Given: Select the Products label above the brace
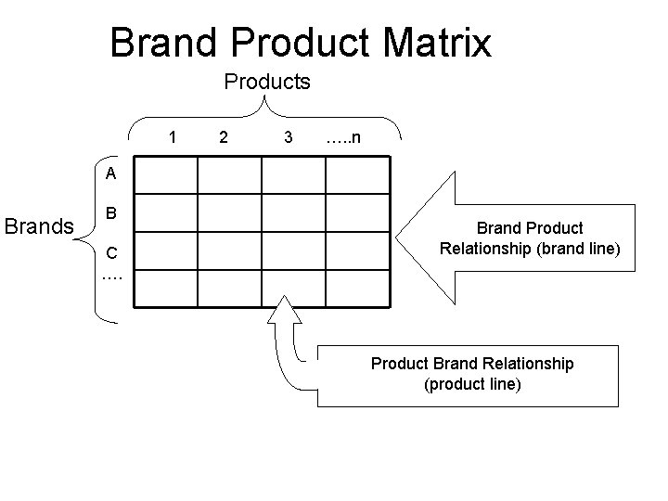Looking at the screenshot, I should tap(267, 82).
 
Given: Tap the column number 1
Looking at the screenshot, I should tap(173, 138).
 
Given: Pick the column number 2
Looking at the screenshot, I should tap(222, 138).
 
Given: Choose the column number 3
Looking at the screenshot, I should tap(289, 138).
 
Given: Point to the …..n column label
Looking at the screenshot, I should tap(343, 138).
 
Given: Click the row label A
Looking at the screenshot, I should tap(110, 173).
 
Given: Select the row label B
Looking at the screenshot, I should tap(110, 213).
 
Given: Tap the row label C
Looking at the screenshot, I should tap(110, 252).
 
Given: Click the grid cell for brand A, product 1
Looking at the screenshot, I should tap(165, 175).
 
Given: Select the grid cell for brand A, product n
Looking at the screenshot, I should tap(356, 175).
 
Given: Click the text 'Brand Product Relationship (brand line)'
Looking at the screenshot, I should tap(530, 238).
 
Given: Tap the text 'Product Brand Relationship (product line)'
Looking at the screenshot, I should tap(472, 373).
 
